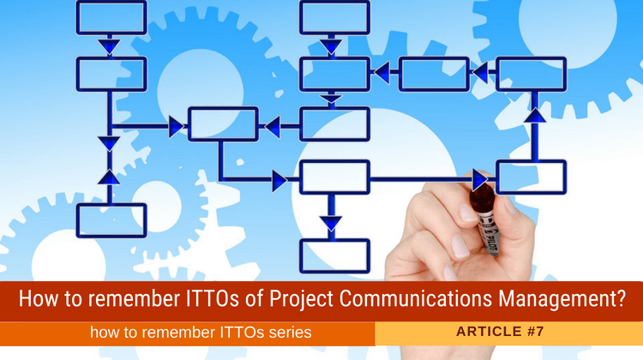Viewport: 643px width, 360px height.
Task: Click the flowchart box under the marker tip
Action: point(531,177)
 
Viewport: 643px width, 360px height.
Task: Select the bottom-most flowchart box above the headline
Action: point(334,255)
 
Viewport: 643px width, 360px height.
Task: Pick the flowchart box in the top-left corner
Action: point(111,17)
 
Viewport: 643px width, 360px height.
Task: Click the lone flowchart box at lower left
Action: point(111,220)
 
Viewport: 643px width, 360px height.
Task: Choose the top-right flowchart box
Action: point(531,75)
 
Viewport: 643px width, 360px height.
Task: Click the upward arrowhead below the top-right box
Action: point(535,114)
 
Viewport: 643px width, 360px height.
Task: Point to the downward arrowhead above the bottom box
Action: point(331,224)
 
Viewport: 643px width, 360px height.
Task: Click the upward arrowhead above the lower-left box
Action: point(110,176)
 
